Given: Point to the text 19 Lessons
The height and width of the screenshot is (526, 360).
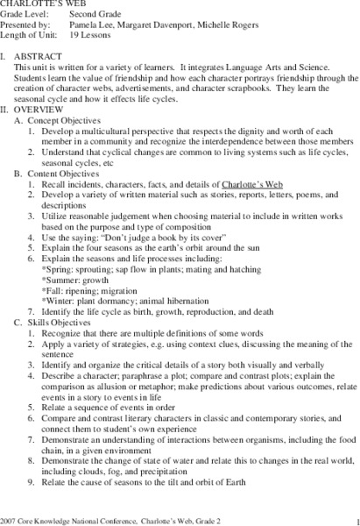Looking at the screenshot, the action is pos(89,37).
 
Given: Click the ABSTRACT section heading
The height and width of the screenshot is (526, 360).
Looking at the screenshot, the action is pos(44,54).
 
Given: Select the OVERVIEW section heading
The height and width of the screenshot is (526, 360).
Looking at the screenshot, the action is pos(46,110).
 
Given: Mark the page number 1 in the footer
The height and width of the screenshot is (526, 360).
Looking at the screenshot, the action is pos(348,520).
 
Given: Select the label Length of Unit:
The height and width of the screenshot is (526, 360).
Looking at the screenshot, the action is pos(30,37).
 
